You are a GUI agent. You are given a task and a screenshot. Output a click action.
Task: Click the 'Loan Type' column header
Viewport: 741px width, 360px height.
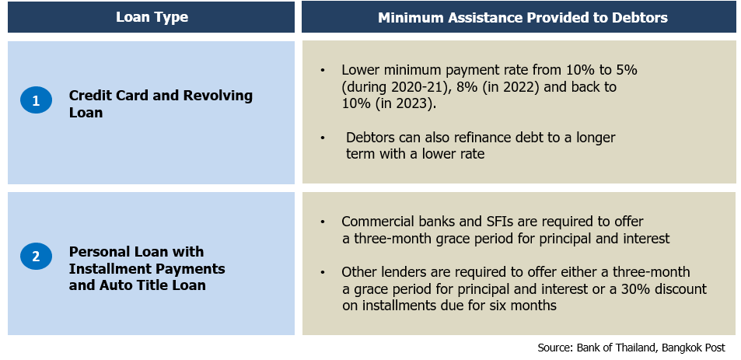tap(152, 17)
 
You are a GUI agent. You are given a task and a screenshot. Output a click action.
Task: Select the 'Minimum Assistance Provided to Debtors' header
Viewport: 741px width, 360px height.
tap(523, 17)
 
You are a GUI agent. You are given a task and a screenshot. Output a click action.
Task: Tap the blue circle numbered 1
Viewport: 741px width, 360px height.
tap(36, 100)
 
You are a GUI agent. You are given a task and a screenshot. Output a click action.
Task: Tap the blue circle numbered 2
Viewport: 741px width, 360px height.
tap(36, 257)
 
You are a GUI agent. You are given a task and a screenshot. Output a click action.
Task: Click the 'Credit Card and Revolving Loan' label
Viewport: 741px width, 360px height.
tap(161, 104)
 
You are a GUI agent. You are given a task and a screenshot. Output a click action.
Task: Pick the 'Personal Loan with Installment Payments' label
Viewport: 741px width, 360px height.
tap(147, 260)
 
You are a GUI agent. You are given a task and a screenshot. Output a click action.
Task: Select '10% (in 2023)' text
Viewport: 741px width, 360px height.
tap(386, 104)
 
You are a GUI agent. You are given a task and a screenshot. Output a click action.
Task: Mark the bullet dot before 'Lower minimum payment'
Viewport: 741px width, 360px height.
tap(323, 71)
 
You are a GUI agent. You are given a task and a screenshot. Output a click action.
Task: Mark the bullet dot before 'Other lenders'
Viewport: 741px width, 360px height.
tap(323, 273)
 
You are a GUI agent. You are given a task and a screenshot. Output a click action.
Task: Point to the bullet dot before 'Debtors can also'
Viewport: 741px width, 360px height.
tap(323, 138)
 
